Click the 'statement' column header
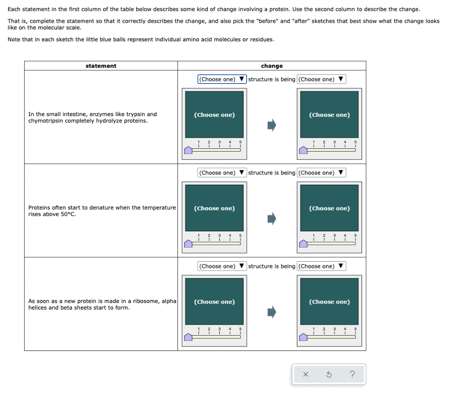click(x=101, y=66)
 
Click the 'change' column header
click(x=272, y=66)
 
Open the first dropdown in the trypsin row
click(x=222, y=79)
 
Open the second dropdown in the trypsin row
click(x=322, y=79)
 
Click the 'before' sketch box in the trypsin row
click(x=214, y=115)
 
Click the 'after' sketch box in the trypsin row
click(x=329, y=115)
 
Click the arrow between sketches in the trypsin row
click(x=272, y=125)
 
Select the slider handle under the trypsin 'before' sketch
click(x=188, y=150)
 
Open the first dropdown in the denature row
click(x=222, y=173)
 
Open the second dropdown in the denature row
click(x=322, y=173)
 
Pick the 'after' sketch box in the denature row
click(x=329, y=208)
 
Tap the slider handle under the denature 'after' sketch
click(x=303, y=244)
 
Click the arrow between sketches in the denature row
click(x=272, y=219)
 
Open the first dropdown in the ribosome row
click(x=222, y=266)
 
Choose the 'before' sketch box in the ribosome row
click(x=214, y=302)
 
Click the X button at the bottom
click(x=306, y=375)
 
